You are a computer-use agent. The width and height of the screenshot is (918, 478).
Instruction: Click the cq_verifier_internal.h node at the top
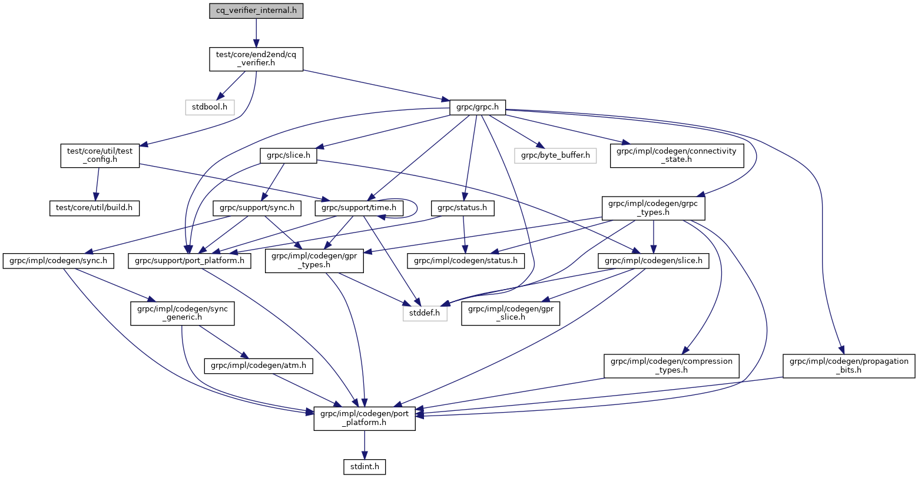click(x=256, y=11)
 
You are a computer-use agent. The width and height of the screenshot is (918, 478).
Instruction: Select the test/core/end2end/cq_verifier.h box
click(x=256, y=59)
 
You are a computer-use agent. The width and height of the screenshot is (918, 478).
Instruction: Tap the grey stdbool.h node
click(x=210, y=107)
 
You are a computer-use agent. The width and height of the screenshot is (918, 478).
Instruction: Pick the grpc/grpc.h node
click(x=477, y=107)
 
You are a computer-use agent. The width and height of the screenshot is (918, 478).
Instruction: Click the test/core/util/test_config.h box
click(x=100, y=155)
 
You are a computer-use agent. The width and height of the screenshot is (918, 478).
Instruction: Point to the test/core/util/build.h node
click(x=94, y=208)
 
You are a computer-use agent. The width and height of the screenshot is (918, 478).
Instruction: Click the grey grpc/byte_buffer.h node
click(x=555, y=155)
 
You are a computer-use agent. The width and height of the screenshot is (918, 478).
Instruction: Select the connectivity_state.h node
click(x=677, y=155)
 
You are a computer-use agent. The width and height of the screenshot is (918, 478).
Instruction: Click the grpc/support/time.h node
click(x=360, y=208)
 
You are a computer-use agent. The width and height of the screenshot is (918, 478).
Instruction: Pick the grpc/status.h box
click(x=462, y=208)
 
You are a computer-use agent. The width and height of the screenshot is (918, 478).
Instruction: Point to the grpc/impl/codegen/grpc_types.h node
click(x=653, y=208)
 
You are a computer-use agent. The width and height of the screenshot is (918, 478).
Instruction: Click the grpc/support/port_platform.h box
click(x=190, y=260)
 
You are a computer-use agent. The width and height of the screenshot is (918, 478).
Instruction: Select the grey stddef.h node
click(x=425, y=313)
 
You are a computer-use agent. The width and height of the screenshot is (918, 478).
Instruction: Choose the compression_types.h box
click(x=671, y=366)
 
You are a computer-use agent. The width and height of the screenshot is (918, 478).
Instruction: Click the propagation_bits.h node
click(x=849, y=366)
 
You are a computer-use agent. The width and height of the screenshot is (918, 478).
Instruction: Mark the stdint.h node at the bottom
click(x=364, y=466)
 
